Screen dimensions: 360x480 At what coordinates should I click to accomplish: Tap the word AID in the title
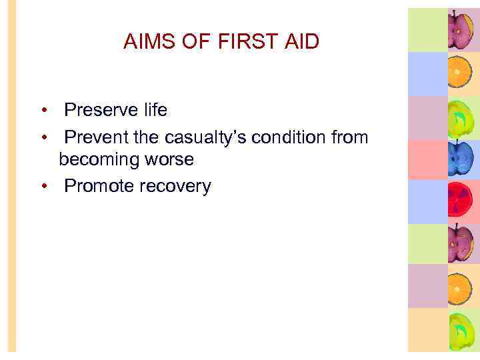pyautogui.click(x=301, y=42)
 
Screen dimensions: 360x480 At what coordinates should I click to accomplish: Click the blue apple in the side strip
pyautogui.click(x=459, y=159)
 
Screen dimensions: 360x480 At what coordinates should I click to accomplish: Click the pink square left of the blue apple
pyautogui.click(x=427, y=159)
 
